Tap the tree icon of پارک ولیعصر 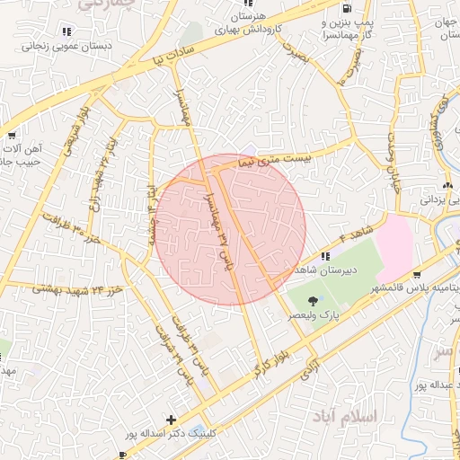tap(313, 300)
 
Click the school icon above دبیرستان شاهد tap(324, 255)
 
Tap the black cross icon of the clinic tap(172, 420)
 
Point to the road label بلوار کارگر tap(270, 353)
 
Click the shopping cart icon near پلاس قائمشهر tap(417, 276)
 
